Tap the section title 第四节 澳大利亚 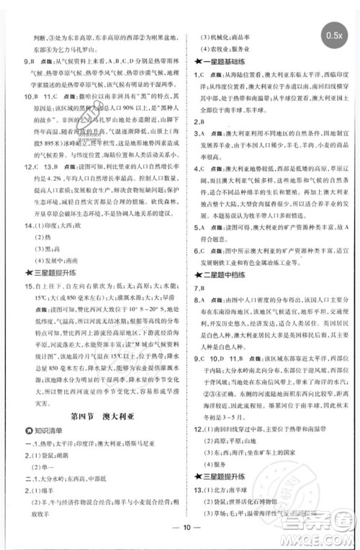coord(95,415)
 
